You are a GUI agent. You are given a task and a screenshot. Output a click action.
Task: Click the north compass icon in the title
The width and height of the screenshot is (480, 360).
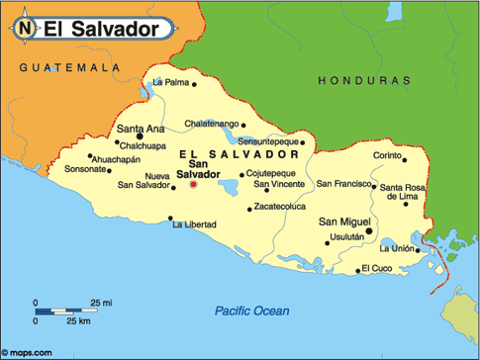pyautogui.click(x=26, y=29)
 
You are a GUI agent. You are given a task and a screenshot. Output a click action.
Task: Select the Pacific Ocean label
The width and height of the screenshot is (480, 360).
pyautogui.click(x=252, y=313)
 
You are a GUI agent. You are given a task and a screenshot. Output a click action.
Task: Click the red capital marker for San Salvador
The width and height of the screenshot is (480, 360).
pyautogui.click(x=193, y=184)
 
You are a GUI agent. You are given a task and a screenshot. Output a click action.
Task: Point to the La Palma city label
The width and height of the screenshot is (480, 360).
pyautogui.click(x=170, y=82)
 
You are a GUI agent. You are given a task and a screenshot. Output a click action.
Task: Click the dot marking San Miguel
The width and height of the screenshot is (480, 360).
pyautogui.click(x=368, y=231)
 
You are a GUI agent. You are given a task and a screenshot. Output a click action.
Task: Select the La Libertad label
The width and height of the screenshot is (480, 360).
pyautogui.click(x=194, y=225)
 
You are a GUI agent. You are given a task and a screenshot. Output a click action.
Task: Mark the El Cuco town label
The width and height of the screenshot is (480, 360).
pyautogui.click(x=376, y=268)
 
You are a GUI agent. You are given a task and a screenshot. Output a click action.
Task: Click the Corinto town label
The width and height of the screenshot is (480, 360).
pyautogui.click(x=386, y=156)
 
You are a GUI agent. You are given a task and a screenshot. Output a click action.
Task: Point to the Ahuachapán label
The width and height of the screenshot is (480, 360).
pyautogui.click(x=118, y=158)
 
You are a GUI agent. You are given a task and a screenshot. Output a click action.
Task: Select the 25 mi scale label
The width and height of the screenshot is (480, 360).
pyautogui.click(x=101, y=300)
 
